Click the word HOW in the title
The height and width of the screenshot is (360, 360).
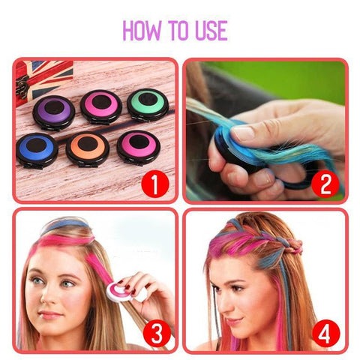click(140, 30)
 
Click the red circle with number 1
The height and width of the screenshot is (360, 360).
click(154, 183)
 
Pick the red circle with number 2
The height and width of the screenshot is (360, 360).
click(325, 183)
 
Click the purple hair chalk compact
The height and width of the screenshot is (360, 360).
click(54, 111)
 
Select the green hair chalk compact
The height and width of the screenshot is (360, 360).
click(147, 105)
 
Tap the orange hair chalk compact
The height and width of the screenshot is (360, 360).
click(88, 148)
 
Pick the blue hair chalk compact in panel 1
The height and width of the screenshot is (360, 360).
click(37, 148)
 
